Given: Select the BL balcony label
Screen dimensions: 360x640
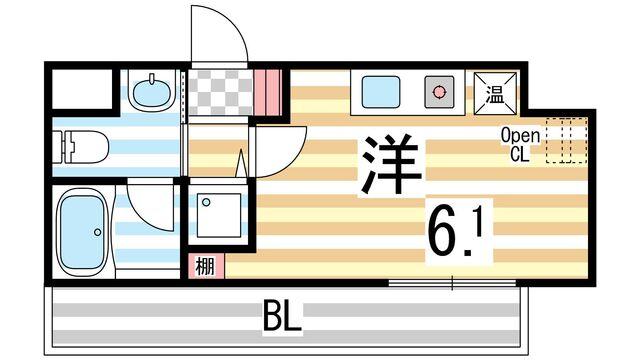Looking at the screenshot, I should [283, 321].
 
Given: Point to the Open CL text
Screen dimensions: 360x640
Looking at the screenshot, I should [521, 145].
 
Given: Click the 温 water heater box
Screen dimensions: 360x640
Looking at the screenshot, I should [494, 94].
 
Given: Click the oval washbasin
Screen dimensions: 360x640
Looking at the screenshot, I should [151, 94].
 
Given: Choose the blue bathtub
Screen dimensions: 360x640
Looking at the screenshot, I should [81, 232].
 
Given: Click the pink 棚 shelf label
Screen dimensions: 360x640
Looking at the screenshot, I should [204, 266].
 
